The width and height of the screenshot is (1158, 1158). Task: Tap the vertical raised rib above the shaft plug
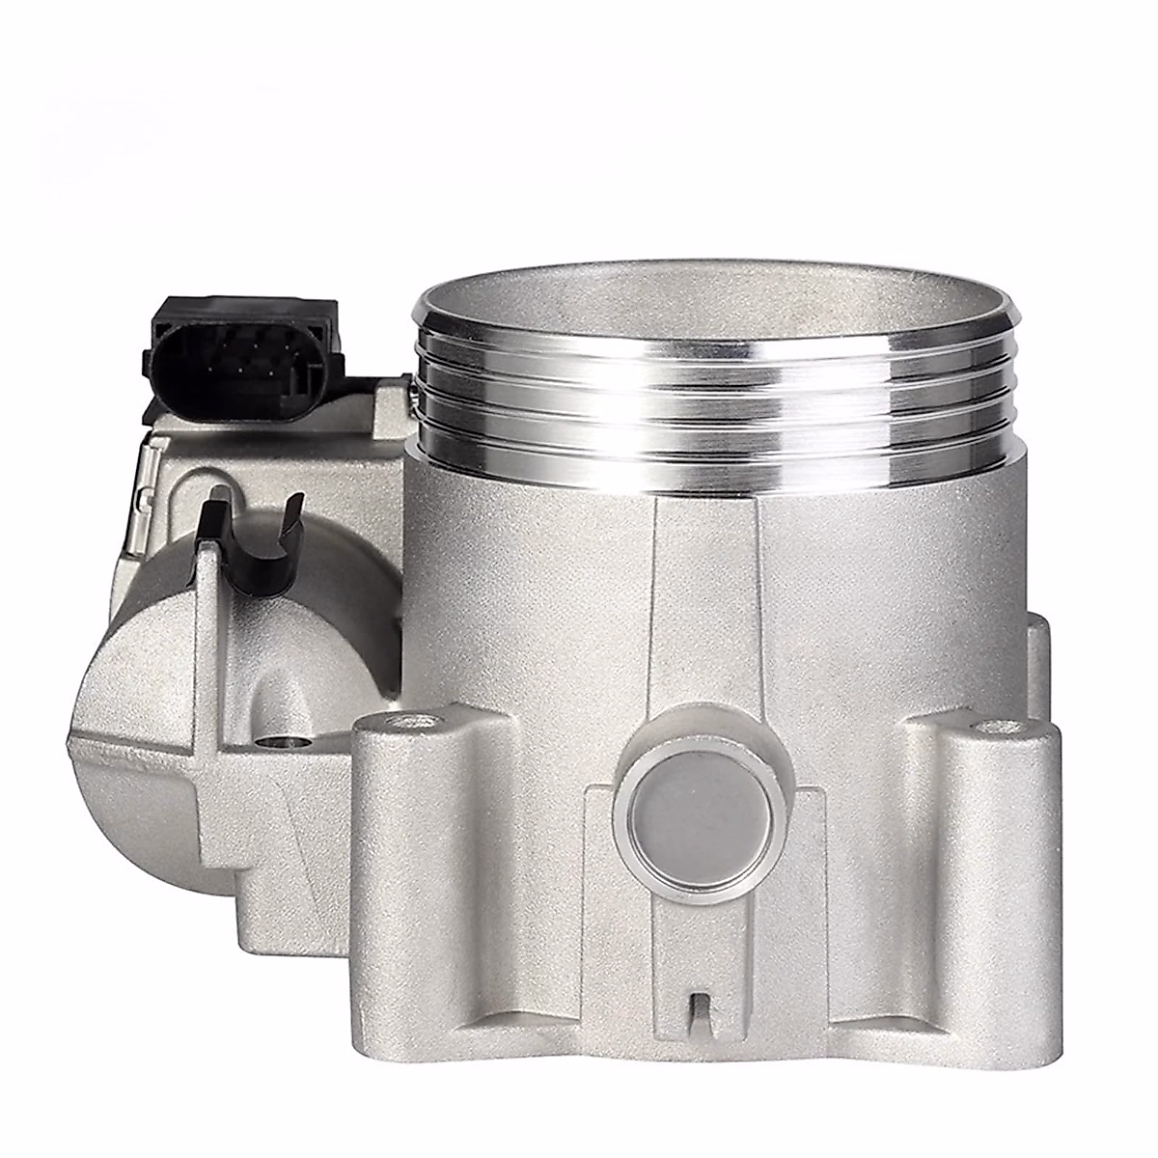point(704,618)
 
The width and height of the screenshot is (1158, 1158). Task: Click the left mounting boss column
point(415,868)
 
